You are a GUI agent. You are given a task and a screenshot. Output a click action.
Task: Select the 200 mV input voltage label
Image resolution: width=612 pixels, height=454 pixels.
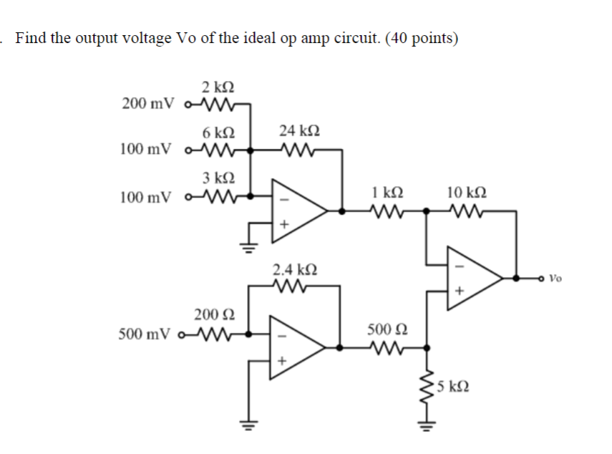(147, 104)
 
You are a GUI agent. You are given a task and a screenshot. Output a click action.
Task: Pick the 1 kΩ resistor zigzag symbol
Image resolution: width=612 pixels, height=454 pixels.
(387, 211)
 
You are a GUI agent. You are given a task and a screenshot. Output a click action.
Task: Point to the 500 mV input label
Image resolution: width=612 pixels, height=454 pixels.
(147, 334)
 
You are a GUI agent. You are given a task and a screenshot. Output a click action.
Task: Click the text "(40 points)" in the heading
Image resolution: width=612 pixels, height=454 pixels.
(422, 38)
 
